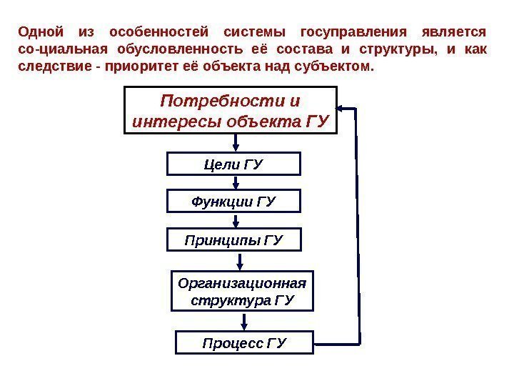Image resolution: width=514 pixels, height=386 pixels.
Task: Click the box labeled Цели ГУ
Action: (234, 164)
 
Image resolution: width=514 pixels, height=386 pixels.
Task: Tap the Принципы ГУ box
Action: (234, 239)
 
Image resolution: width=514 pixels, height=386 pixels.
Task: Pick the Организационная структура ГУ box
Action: (243, 291)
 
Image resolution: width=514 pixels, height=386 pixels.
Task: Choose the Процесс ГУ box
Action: (244, 343)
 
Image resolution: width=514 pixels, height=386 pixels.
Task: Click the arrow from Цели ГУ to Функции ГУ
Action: (235, 182)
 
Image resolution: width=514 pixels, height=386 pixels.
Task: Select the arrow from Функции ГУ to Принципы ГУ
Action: (235, 220)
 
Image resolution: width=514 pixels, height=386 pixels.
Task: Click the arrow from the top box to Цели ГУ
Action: (235, 144)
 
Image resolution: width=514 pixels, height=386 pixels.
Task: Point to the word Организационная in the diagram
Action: (243, 282)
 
